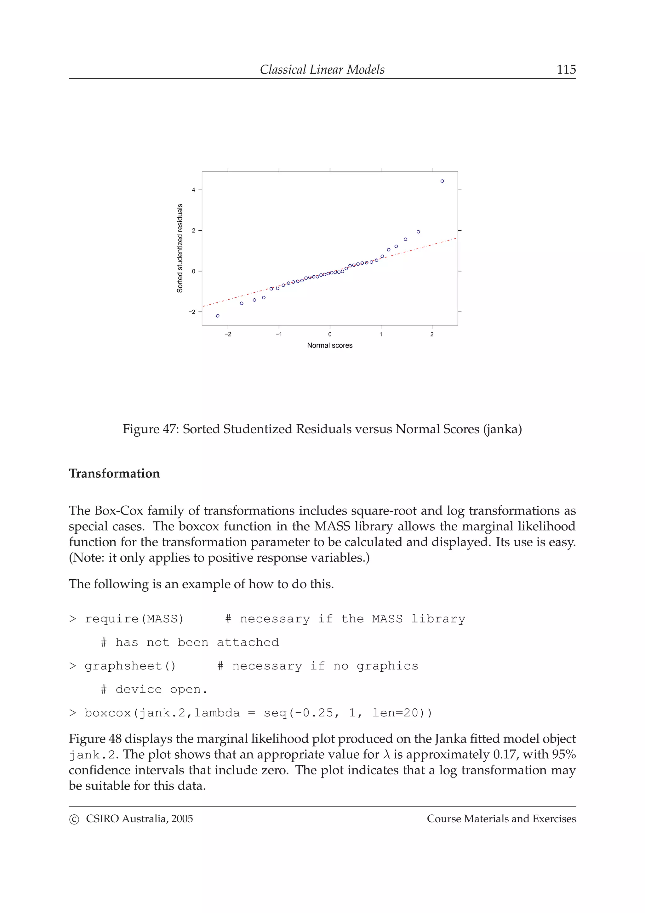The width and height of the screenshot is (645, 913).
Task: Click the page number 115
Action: click(x=566, y=70)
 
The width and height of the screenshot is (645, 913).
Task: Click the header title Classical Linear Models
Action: click(x=322, y=70)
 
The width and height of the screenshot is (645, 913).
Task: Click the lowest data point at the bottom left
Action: click(x=217, y=316)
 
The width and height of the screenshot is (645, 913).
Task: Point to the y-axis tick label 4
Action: click(x=194, y=190)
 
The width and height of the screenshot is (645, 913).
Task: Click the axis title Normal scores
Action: click(x=329, y=346)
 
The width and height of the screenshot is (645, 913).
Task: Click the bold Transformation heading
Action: click(x=114, y=473)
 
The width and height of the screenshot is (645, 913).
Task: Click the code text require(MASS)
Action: click(x=134, y=619)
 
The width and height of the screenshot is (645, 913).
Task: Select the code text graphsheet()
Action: click(x=130, y=666)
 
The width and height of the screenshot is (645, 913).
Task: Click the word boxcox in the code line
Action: click(x=107, y=713)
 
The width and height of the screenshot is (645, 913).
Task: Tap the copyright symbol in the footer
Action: click(x=74, y=819)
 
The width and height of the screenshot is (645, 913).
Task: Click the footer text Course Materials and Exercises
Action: click(x=501, y=819)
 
